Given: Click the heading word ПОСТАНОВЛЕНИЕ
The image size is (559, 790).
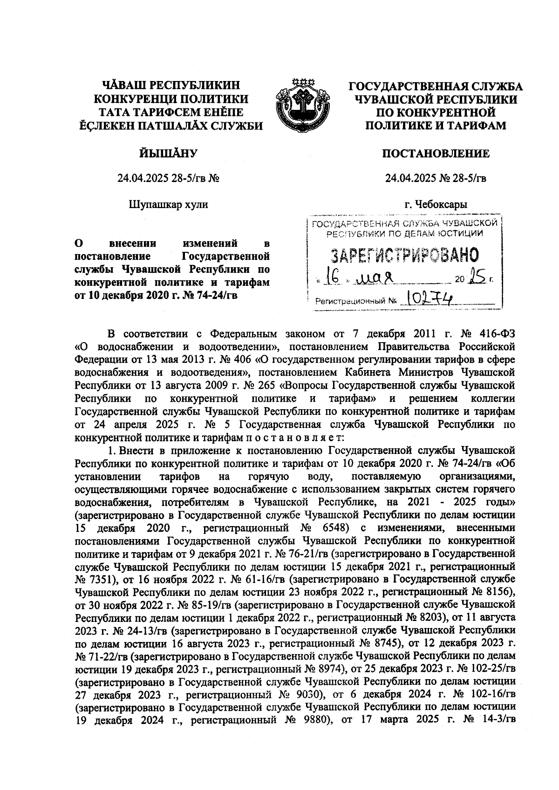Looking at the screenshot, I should point(436,154).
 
